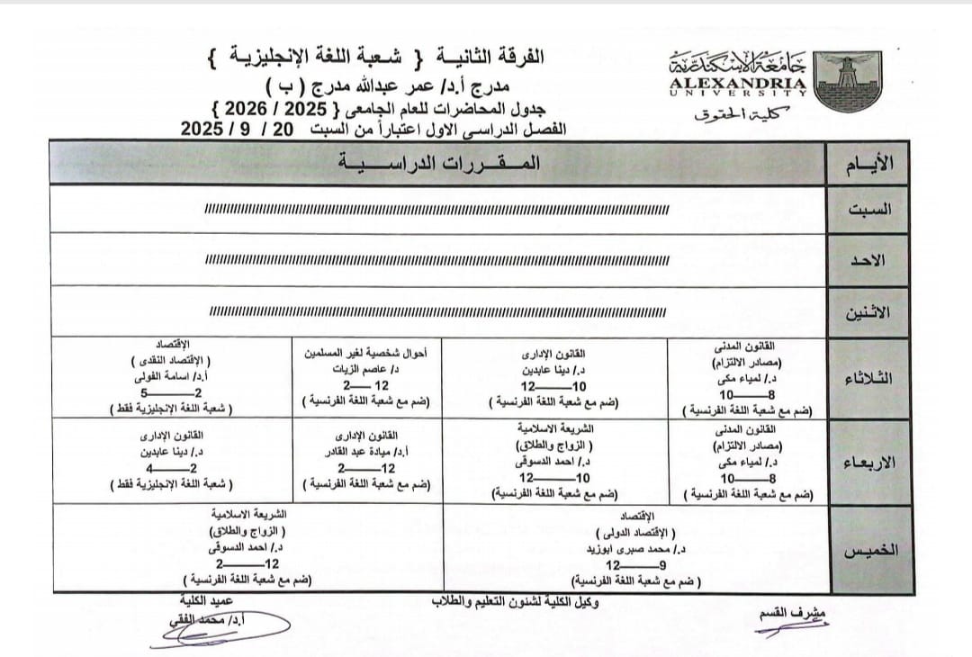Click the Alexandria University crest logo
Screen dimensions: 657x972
click(x=848, y=80)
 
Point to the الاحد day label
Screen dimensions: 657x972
click(x=868, y=260)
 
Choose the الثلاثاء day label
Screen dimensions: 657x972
click(x=868, y=378)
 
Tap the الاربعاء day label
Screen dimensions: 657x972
click(x=868, y=463)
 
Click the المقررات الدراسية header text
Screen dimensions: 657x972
click(x=439, y=163)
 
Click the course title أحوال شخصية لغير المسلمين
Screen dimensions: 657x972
click(x=369, y=354)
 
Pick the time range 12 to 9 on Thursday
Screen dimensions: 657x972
click(x=635, y=565)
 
